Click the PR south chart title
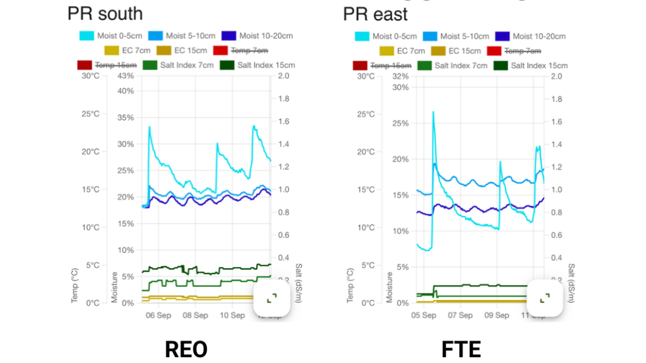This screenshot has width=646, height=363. pyautogui.click(x=105, y=13)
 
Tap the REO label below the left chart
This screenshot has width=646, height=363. pyautogui.click(x=186, y=350)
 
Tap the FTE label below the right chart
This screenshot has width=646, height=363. pyautogui.click(x=461, y=350)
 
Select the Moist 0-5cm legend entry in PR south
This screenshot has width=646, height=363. pyautogui.click(x=103, y=36)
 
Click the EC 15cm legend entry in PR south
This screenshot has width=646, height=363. pyautogui.click(x=181, y=51)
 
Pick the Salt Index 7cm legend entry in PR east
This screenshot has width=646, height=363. pyautogui.click(x=454, y=66)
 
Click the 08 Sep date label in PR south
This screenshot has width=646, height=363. pyautogui.click(x=195, y=315)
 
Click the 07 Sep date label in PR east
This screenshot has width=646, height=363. pyautogui.click(x=461, y=315)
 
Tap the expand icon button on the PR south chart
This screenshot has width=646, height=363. pyautogui.click(x=272, y=298)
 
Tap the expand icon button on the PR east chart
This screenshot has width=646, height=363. pyautogui.click(x=544, y=298)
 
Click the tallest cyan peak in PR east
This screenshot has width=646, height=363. pyautogui.click(x=433, y=112)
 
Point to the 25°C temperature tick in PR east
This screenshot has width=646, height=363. pyautogui.click(x=367, y=114)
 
